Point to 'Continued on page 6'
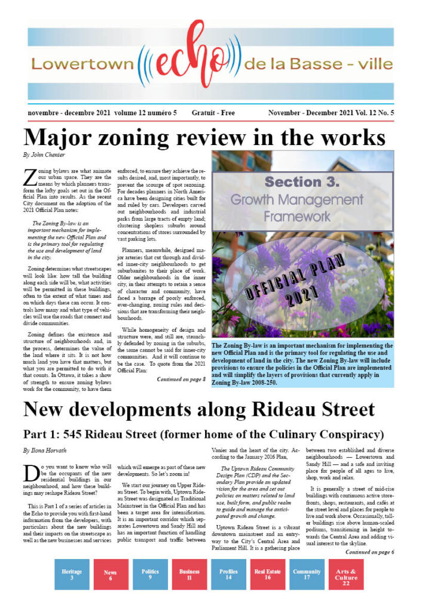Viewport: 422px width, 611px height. pyautogui.click(x=369, y=552)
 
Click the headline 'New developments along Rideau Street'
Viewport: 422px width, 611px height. pyautogui.click(x=198, y=409)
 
